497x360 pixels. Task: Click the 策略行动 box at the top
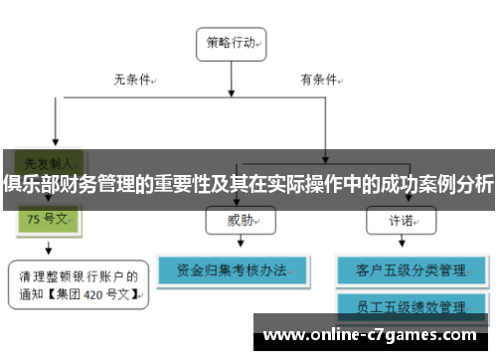tap(234, 43)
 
